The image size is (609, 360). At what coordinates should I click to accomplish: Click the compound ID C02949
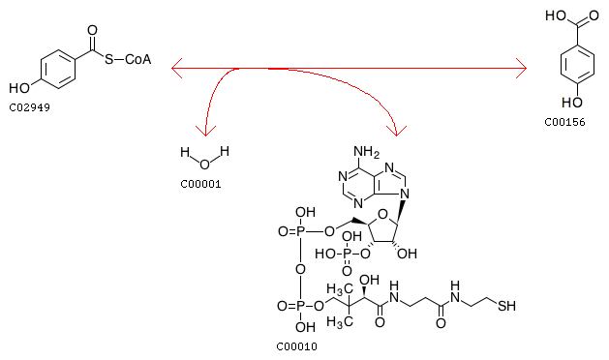pyautogui.click(x=29, y=107)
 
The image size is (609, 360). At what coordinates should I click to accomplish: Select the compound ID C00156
pyautogui.click(x=564, y=122)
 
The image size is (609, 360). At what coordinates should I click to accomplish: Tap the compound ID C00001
pyautogui.click(x=200, y=184)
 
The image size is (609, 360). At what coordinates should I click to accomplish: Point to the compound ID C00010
pyautogui.click(x=296, y=346)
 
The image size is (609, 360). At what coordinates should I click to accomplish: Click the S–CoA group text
pyautogui.click(x=128, y=59)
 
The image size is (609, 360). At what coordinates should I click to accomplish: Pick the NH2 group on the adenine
pyautogui.click(x=366, y=152)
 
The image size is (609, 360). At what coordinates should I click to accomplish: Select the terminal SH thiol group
pyautogui.click(x=506, y=306)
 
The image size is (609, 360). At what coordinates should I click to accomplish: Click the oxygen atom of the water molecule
pyautogui.click(x=204, y=165)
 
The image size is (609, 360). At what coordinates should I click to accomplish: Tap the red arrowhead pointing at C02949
pyautogui.click(x=176, y=69)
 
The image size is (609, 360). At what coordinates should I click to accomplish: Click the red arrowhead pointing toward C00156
pyautogui.click(x=522, y=69)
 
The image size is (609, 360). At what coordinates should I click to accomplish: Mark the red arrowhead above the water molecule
pyautogui.click(x=205, y=131)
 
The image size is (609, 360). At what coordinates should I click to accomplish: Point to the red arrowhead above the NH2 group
pyautogui.click(x=396, y=131)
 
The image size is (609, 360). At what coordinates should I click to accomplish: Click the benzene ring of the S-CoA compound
pyautogui.click(x=58, y=69)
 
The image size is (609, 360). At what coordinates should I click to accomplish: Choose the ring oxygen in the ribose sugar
pyautogui.click(x=382, y=214)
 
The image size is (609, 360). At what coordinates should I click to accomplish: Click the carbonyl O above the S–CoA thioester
pyautogui.click(x=92, y=30)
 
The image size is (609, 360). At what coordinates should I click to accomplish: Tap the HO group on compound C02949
pyautogui.click(x=19, y=88)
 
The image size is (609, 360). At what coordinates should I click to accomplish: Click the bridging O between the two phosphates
pyautogui.click(x=300, y=269)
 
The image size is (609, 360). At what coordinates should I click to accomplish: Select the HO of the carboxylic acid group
pyautogui.click(x=556, y=15)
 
